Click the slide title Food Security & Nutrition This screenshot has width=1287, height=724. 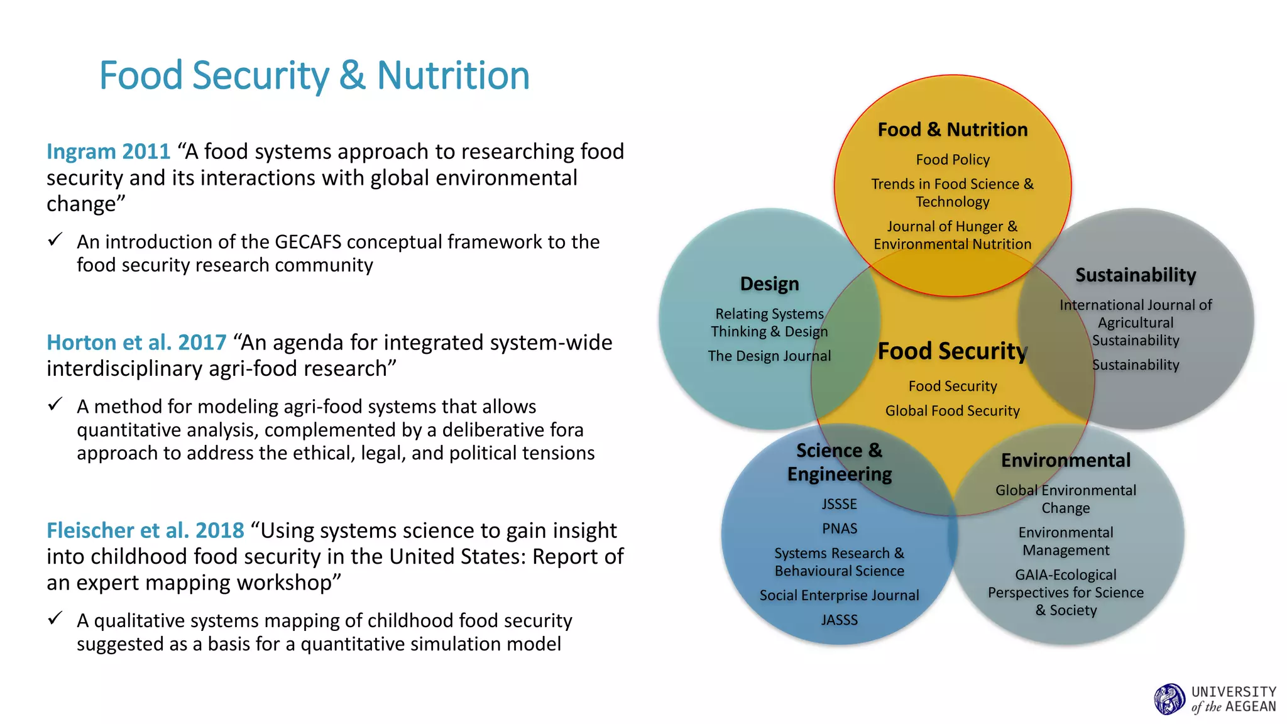[314, 75]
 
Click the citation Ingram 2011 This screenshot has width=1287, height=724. [108, 151]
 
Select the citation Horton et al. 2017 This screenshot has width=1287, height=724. [136, 343]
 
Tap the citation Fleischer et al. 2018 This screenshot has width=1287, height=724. [145, 530]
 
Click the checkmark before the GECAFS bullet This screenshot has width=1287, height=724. [55, 239]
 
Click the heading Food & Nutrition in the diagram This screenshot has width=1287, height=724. [952, 129]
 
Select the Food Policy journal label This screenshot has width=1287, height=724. [952, 160]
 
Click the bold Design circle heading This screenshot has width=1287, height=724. [769, 283]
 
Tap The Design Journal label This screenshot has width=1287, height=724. [769, 356]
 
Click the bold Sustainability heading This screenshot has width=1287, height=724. [1135, 275]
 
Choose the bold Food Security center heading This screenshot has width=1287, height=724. [952, 351]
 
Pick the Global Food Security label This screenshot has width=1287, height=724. [952, 410]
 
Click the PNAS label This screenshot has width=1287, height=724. [839, 529]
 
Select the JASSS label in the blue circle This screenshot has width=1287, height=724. [839, 620]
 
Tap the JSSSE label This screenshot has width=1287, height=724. [839, 504]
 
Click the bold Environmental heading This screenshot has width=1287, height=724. [1065, 460]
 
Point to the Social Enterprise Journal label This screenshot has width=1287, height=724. [839, 595]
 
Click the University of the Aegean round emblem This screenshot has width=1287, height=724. [1169, 699]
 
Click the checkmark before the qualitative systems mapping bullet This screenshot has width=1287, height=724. [55, 618]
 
